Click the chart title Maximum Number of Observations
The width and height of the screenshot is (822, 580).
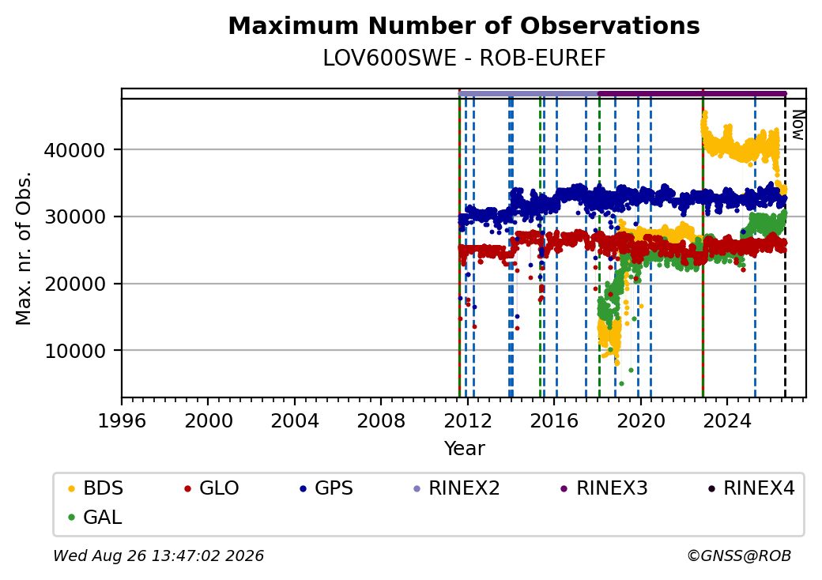click(464, 25)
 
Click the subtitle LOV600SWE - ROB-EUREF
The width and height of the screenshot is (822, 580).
click(464, 58)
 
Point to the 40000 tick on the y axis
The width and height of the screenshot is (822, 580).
click(74, 150)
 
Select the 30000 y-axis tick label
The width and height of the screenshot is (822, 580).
click(74, 217)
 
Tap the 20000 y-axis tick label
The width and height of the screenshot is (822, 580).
click(74, 284)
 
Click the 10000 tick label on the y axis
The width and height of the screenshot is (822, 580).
click(74, 351)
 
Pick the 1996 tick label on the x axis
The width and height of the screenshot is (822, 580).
click(122, 420)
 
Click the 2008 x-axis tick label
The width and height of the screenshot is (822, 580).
click(381, 420)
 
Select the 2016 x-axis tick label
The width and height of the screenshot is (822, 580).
click(553, 420)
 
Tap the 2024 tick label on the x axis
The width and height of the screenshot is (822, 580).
click(726, 420)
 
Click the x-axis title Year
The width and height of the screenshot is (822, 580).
click(464, 449)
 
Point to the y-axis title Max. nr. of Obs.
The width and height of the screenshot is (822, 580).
click(24, 248)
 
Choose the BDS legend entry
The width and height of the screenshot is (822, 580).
click(96, 488)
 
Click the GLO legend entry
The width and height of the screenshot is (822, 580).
click(212, 488)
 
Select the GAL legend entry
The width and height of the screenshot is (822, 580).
click(96, 517)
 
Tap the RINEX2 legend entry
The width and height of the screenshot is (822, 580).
click(457, 488)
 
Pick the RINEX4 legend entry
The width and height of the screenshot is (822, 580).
click(752, 488)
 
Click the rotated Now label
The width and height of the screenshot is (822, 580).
click(797, 125)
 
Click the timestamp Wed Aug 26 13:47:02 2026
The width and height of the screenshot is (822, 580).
click(158, 556)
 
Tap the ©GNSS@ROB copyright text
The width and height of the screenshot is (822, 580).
click(739, 556)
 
